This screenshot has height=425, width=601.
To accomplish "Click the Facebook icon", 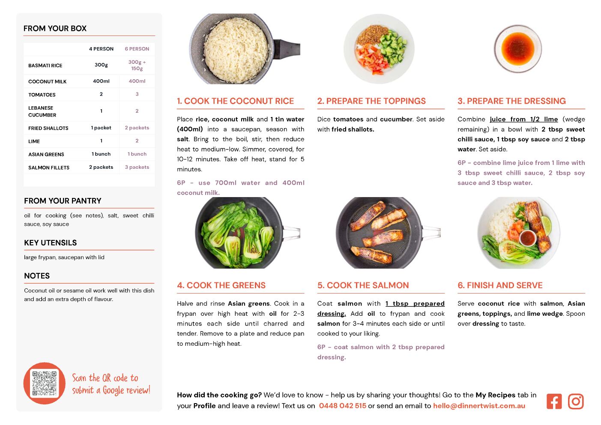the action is click(554, 401).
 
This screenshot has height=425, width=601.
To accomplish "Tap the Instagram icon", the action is click(576, 401).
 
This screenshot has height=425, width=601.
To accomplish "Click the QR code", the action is click(45, 383).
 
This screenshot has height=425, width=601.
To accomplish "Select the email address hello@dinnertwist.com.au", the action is click(479, 406).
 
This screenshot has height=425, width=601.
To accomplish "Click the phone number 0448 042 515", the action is click(342, 406).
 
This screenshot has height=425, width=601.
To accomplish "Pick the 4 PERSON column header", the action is click(101, 49).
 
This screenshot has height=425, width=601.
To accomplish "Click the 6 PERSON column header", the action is click(137, 49).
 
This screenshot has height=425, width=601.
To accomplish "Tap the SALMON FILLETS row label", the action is click(49, 168).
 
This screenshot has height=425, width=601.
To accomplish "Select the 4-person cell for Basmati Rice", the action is click(101, 65).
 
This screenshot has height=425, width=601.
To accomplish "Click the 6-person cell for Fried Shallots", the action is click(137, 128).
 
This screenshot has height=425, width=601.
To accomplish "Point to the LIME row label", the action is click(34, 141).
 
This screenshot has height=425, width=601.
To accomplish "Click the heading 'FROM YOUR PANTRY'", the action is click(63, 201).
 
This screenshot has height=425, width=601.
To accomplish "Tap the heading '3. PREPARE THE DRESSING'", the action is click(511, 101).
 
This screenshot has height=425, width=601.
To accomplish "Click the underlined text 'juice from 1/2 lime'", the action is click(524, 119).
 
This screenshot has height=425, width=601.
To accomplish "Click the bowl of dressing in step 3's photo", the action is click(518, 48).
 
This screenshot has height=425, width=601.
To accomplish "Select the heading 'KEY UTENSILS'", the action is click(51, 243).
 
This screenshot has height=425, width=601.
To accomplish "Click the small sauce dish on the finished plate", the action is click(528, 238).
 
